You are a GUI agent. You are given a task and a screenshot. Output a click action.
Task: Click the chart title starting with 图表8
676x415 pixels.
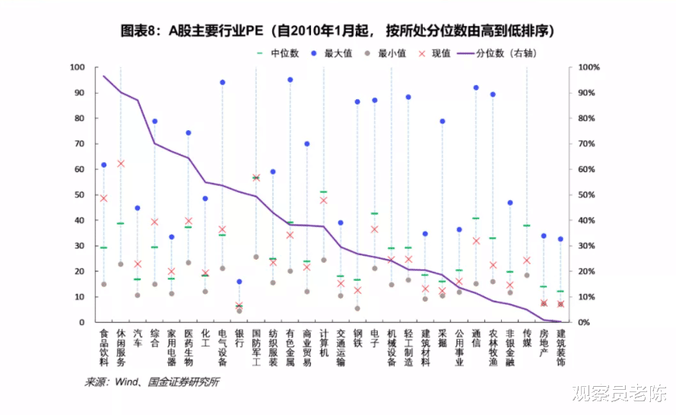pyautogui.click(x=337, y=31)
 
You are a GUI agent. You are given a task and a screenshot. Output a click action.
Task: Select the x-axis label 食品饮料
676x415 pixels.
pyautogui.click(x=104, y=347)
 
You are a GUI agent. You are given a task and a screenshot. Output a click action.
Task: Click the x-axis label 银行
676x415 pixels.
pyautogui.click(x=240, y=338)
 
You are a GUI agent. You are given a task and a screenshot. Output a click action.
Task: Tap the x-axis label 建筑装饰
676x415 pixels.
pyautogui.click(x=560, y=347)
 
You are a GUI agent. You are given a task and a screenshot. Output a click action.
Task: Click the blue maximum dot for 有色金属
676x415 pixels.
pyautogui.click(x=290, y=80)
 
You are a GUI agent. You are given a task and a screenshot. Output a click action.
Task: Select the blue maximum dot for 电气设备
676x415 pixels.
pyautogui.click(x=223, y=82)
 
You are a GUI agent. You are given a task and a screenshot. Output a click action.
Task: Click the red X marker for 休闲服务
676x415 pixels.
pyautogui.click(x=121, y=164)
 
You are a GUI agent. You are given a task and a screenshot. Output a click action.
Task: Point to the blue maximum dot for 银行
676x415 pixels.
pyautogui.click(x=240, y=282)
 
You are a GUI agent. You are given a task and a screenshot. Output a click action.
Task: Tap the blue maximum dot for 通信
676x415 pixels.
pyautogui.click(x=476, y=88)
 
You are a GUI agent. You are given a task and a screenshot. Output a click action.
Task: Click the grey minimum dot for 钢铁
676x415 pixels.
pyautogui.click(x=357, y=308)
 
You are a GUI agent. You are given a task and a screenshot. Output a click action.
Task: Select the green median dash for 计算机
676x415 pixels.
pyautogui.click(x=324, y=192)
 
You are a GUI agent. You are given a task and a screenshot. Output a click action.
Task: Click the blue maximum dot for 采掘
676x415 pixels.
pyautogui.click(x=443, y=121)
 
